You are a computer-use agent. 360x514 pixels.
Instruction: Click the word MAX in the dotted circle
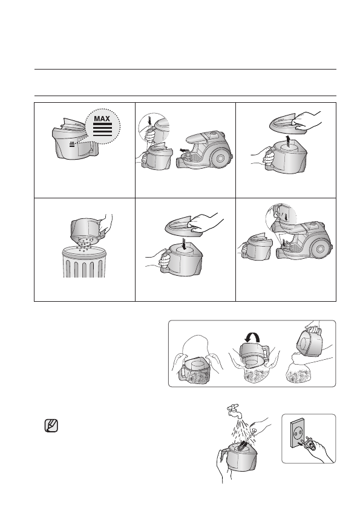point(102,119)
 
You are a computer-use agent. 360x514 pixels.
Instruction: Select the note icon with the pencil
point(51,426)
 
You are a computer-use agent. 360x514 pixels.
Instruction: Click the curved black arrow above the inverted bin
point(252,337)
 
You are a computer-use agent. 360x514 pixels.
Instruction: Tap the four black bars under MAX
point(102,130)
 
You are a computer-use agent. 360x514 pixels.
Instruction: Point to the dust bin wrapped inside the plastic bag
point(194,371)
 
